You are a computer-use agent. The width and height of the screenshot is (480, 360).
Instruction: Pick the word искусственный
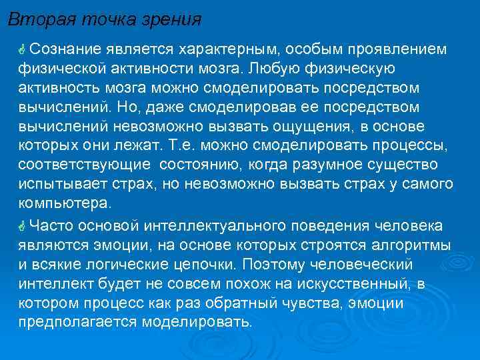[343, 283]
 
